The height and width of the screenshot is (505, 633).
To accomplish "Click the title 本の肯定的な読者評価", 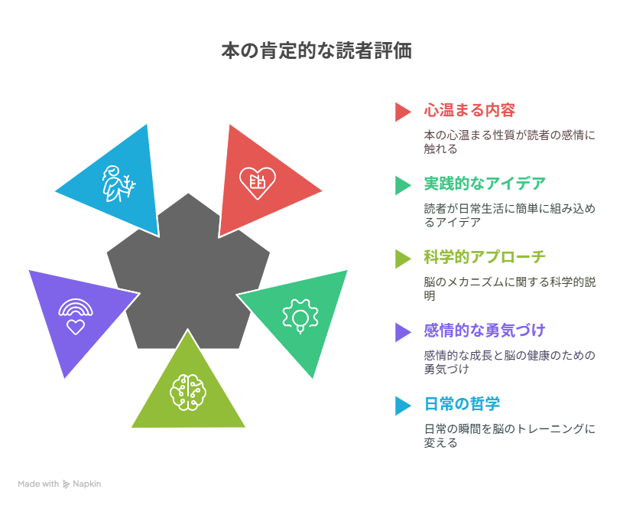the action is click(316, 51).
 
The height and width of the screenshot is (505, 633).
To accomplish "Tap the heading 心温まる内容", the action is click(469, 110).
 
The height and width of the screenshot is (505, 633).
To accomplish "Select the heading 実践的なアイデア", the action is click(485, 184).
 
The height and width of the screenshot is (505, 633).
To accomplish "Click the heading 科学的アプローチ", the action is click(485, 257).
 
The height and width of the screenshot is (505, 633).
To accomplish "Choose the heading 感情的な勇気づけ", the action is click(485, 331).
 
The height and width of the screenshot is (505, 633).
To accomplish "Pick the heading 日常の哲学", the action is click(463, 404).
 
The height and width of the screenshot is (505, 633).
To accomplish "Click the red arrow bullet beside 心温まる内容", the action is click(403, 112).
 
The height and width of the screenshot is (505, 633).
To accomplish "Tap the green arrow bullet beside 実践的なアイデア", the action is click(403, 185).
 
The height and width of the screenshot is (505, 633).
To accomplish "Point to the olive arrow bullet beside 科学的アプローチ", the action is click(403, 259).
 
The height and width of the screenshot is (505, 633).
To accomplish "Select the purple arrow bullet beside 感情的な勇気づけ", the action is click(403, 333).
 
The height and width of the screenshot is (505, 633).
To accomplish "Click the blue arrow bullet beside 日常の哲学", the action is click(403, 406).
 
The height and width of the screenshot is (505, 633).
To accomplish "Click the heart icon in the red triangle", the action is click(258, 183).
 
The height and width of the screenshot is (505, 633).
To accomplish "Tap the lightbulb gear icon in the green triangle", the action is click(300, 316).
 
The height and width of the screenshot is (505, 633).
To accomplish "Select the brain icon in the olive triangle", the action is click(188, 393).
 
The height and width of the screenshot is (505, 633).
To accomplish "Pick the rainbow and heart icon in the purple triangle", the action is click(76, 317).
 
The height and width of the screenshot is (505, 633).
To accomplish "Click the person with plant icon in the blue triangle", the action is click(118, 184).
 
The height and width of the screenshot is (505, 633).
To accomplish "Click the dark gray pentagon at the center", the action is click(188, 279).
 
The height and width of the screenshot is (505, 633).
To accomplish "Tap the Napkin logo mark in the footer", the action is click(67, 484).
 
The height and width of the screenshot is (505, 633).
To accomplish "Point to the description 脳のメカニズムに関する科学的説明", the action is click(510, 288).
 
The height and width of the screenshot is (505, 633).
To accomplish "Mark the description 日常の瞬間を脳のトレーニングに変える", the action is click(510, 435).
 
